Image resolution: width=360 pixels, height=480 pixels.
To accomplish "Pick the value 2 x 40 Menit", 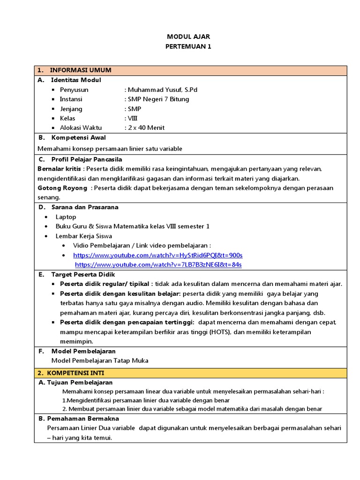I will (146, 127).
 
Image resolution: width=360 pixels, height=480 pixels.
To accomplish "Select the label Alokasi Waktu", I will (80, 127).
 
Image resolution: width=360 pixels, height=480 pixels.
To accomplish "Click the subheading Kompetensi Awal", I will (78, 138).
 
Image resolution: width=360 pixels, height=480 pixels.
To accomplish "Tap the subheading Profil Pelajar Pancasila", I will (86, 159).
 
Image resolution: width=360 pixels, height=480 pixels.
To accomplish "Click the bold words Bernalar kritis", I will (59, 168).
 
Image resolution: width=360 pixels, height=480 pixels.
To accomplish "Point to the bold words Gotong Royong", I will (62, 188).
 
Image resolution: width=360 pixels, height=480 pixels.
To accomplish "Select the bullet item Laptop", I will (66, 217).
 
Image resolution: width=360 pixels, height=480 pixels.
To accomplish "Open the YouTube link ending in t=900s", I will (157, 255).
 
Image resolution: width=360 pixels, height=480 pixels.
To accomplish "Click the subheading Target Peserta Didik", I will (83, 274).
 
